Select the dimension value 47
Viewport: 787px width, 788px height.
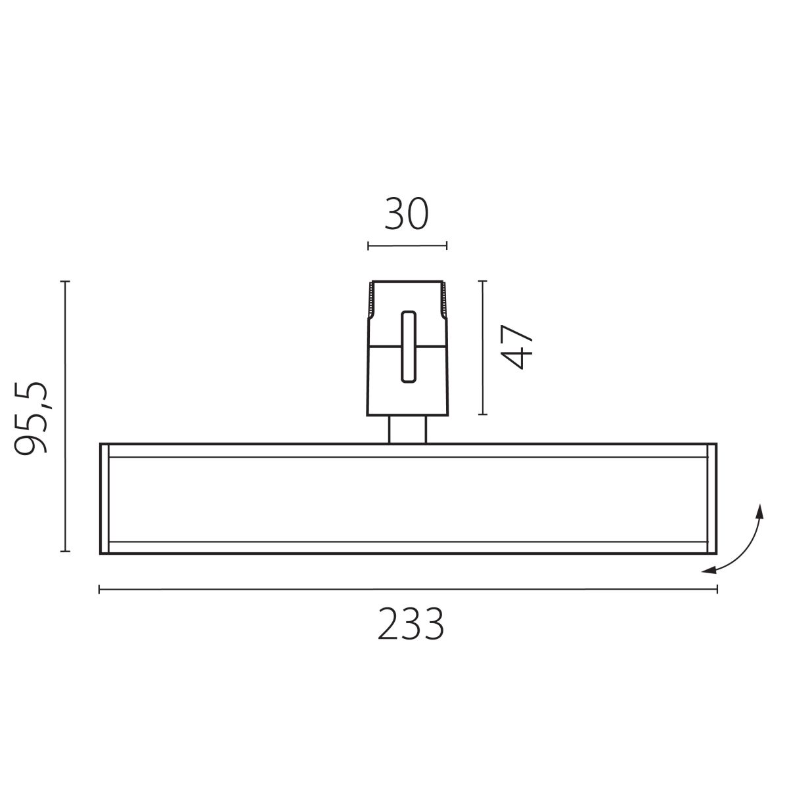click(517, 347)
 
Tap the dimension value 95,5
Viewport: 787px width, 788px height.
click(31, 418)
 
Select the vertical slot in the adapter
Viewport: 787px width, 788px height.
click(409, 347)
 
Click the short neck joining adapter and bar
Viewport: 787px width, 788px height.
click(407, 429)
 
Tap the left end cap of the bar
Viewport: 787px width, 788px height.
click(104, 499)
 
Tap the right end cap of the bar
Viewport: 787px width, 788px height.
click(712, 499)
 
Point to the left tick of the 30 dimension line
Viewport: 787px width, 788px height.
click(369, 246)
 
